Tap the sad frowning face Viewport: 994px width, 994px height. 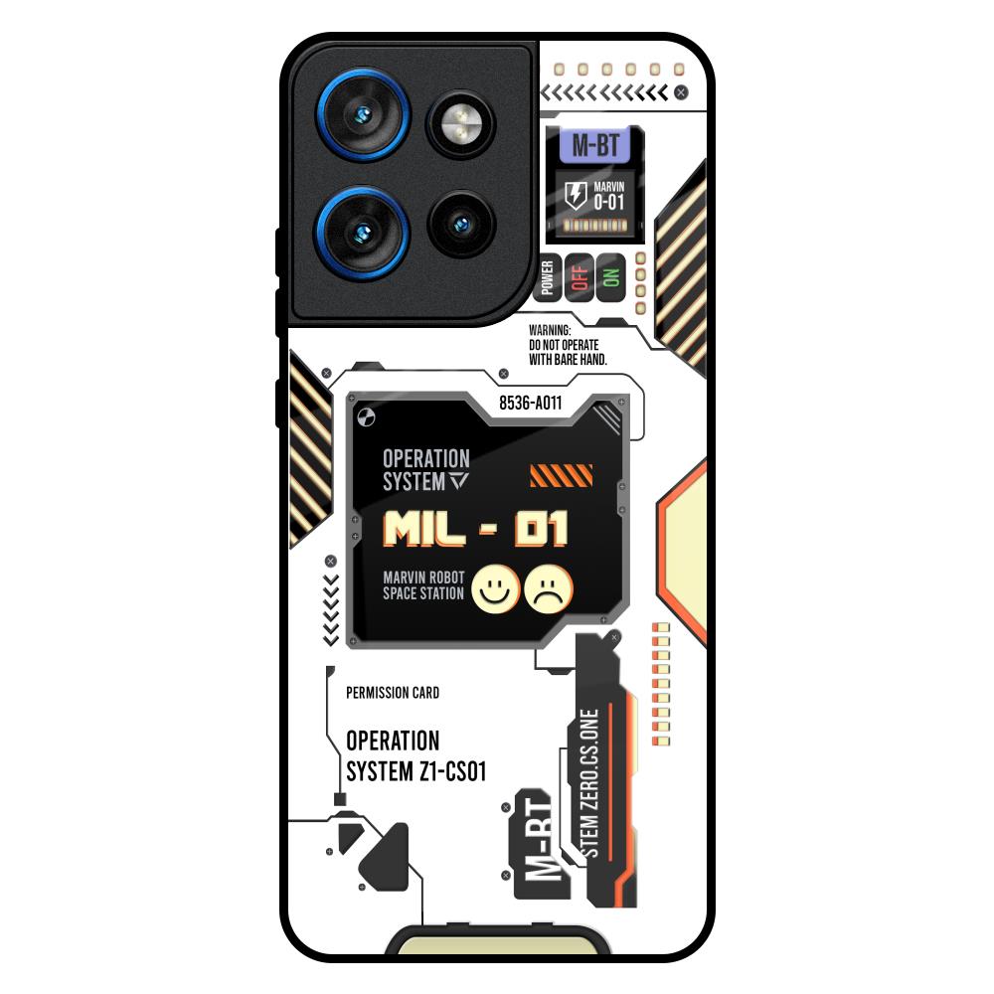coord(549,588)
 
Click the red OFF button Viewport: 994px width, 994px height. coord(580,278)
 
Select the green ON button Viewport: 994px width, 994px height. coord(610,278)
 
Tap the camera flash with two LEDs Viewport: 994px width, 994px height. coord(461,123)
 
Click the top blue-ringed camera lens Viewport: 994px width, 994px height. coord(363,114)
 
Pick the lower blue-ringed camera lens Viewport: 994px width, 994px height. coord(363,233)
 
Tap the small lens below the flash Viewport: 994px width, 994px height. coord(461,224)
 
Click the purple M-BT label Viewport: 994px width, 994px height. coord(594,145)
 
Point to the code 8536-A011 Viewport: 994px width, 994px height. coord(531,404)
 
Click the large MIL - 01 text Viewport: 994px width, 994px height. coord(475,529)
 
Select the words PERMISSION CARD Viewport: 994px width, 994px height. coord(393,693)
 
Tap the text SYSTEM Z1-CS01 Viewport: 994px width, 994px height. coord(416,772)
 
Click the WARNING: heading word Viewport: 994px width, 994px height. coord(550,330)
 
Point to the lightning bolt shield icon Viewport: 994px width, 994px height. coord(576,195)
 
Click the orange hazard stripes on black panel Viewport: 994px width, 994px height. coord(561,475)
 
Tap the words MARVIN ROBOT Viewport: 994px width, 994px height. coord(423,578)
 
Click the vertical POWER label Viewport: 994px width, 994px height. coord(548,278)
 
